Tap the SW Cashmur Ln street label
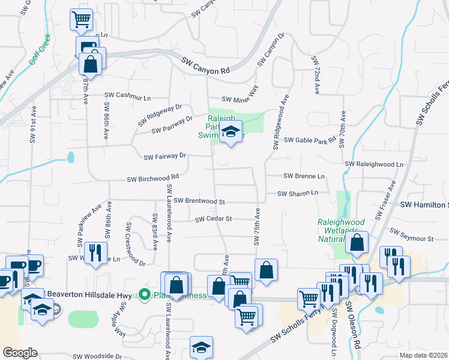(x=128, y=95)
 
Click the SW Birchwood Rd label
(x=153, y=178)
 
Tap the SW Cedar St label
(x=213, y=219)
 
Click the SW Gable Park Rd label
(x=310, y=140)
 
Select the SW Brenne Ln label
(x=304, y=176)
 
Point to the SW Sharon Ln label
(x=298, y=193)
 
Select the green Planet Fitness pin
(x=144, y=294)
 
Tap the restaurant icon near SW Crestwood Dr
(x=95, y=252)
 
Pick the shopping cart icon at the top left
(x=82, y=19)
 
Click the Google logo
(x=20, y=352)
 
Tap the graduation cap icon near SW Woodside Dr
(x=201, y=347)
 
